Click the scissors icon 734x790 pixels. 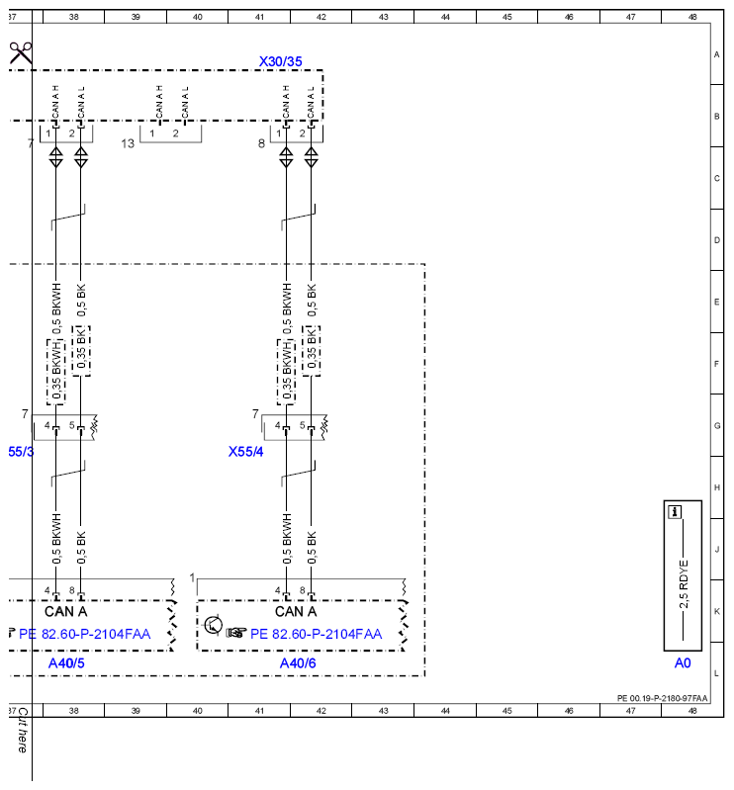(x=20, y=53)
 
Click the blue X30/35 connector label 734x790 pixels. (x=280, y=61)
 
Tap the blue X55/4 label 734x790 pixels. (x=245, y=452)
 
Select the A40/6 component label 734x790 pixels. (x=298, y=663)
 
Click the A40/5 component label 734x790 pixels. (x=66, y=663)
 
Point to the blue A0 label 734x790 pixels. (x=683, y=663)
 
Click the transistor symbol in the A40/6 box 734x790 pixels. (x=214, y=625)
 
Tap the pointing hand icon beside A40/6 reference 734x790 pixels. (x=235, y=632)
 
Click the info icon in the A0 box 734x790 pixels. (x=675, y=512)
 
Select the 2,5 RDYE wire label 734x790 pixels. (x=684, y=584)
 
